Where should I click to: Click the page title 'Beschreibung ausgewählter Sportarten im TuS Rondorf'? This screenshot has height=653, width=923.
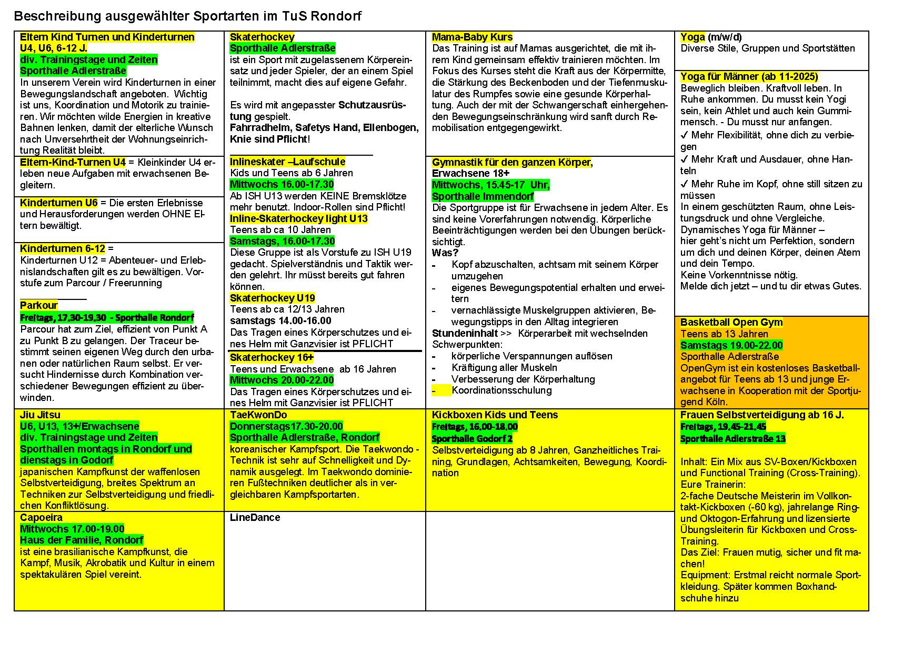click(187, 16)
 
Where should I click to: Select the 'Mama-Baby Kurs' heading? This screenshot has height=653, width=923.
click(472, 37)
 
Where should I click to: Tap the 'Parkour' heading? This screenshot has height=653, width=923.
click(39, 305)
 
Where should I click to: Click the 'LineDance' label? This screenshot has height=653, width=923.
click(255, 517)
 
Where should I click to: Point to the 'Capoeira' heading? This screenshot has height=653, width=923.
click(41, 517)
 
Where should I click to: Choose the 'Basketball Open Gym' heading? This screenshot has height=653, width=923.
click(731, 322)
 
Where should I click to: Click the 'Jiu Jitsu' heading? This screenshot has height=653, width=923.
click(40, 415)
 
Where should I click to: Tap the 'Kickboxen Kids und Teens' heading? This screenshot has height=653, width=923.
click(495, 415)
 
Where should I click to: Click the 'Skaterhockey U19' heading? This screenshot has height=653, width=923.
click(272, 298)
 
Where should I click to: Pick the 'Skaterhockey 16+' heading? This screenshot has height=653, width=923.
click(272, 357)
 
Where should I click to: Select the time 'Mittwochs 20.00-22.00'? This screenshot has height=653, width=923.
click(282, 380)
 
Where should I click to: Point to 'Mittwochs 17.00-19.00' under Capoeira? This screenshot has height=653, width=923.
click(72, 529)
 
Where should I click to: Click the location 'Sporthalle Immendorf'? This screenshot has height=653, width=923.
click(483, 196)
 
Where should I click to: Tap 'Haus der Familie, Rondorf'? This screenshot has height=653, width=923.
click(82, 540)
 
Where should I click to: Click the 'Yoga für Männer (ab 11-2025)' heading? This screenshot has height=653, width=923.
click(749, 77)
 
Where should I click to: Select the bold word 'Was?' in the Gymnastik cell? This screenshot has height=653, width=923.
click(445, 253)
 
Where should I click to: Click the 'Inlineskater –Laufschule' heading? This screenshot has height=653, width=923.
click(287, 162)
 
